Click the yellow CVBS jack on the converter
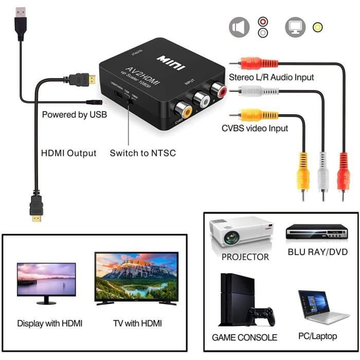pyautogui.click(x=184, y=110)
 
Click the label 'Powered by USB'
pyautogui.click(x=75, y=115)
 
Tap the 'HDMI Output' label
pyautogui.click(x=68, y=153)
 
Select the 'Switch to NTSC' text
pyautogui.click(x=143, y=153)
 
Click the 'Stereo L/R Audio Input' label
pyautogui.click(x=272, y=77)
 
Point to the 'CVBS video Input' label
pyautogui.click(x=255, y=128)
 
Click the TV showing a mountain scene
pyautogui.click(x=136, y=278)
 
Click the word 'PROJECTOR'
pyautogui.click(x=245, y=256)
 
